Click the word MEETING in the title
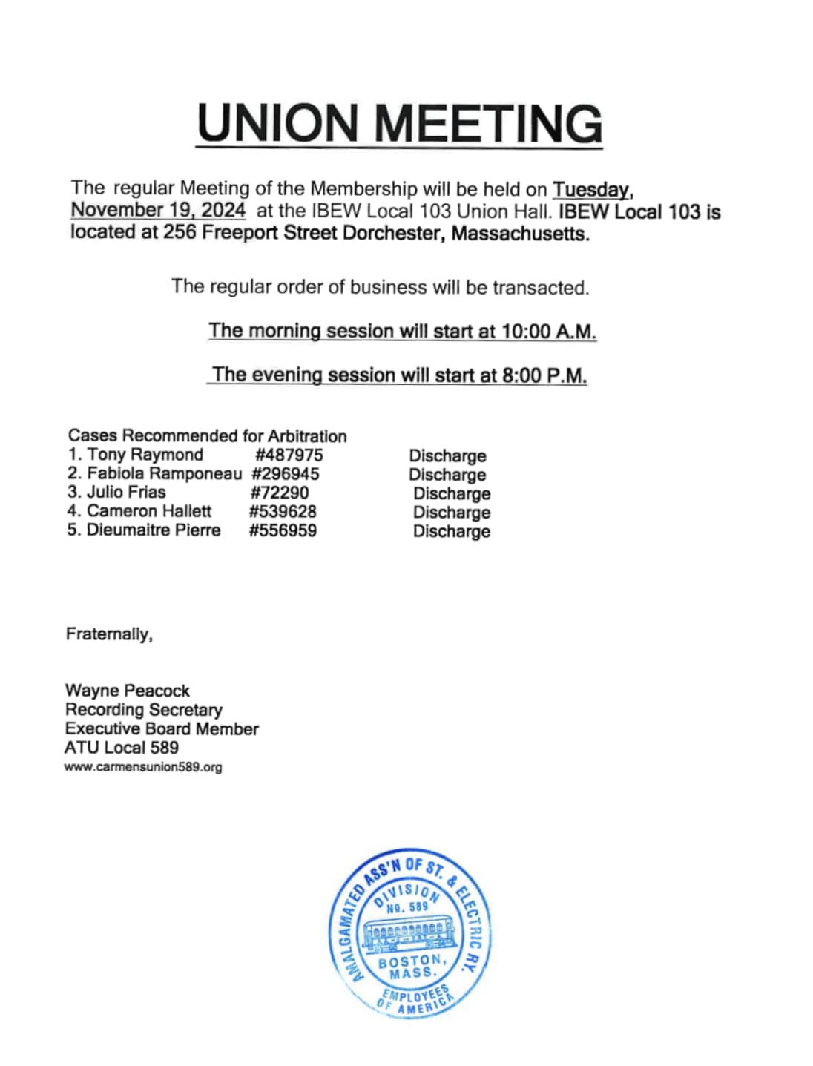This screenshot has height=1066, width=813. (x=490, y=123)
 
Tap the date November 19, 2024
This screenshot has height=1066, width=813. (x=158, y=210)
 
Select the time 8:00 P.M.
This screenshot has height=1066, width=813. (x=544, y=375)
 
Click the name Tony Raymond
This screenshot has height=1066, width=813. (x=145, y=455)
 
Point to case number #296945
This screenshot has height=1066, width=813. (x=286, y=474)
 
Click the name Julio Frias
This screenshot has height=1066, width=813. (x=126, y=493)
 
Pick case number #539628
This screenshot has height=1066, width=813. (x=283, y=512)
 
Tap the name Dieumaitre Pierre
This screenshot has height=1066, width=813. (x=154, y=530)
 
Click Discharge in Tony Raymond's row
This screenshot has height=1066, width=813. (x=447, y=455)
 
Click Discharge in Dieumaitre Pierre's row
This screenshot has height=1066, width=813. (x=452, y=531)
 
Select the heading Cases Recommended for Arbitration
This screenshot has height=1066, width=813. (x=208, y=435)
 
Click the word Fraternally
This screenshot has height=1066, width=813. (x=109, y=634)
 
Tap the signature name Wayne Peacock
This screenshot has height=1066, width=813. (x=128, y=691)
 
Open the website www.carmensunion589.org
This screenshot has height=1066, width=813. (x=143, y=767)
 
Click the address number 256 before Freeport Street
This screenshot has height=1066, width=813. (x=180, y=233)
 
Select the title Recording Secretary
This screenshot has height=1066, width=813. (x=144, y=710)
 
